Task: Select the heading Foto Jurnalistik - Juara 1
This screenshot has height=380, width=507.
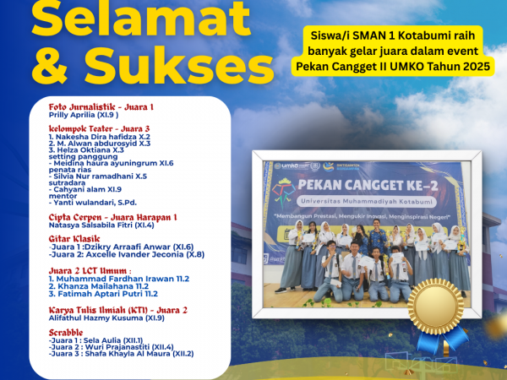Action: point(101,108)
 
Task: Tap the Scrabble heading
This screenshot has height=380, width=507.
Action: point(68,332)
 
